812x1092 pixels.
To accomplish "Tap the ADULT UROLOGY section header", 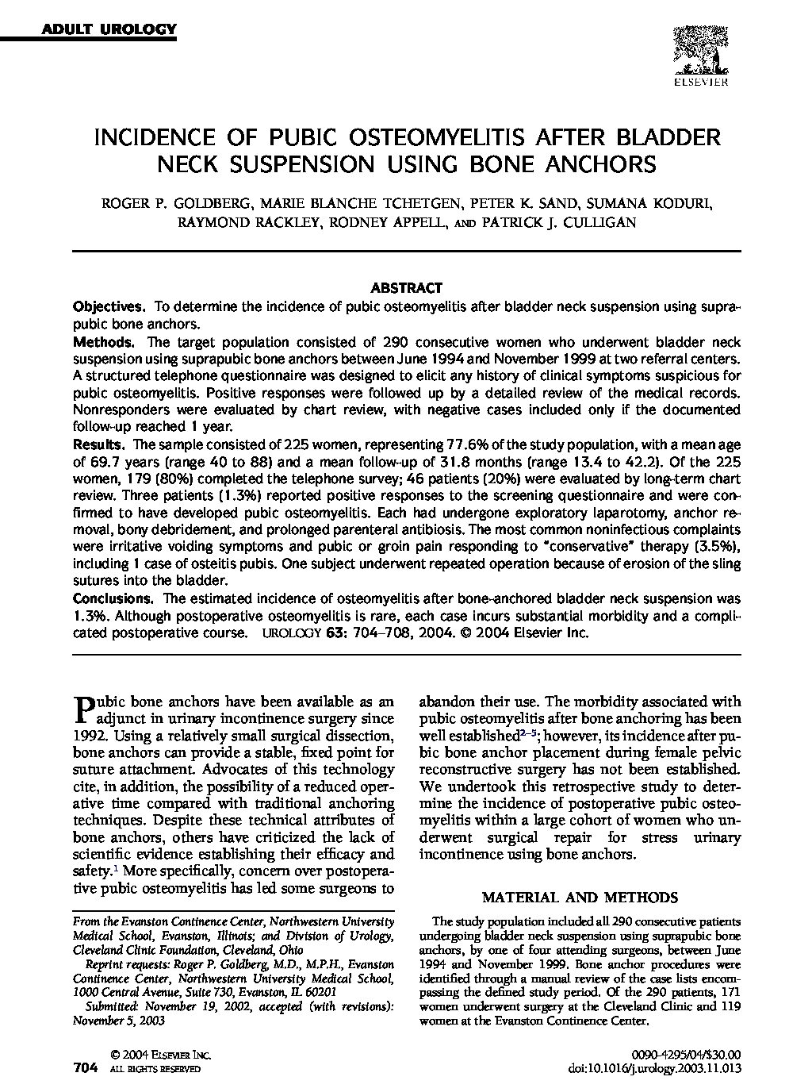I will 109,30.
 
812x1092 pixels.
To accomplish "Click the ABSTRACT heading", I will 406,288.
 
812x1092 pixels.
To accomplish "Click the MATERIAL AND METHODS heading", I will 580,898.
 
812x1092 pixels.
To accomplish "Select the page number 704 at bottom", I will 85,1068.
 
